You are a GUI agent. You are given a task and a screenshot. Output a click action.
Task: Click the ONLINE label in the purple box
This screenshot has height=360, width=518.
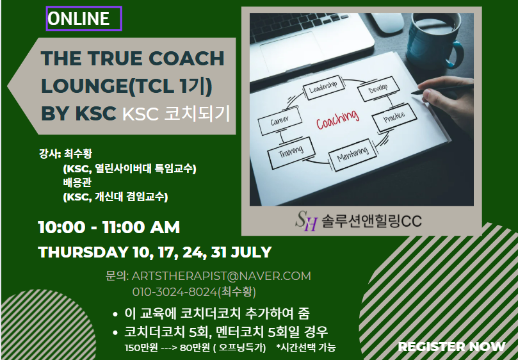point(78,19)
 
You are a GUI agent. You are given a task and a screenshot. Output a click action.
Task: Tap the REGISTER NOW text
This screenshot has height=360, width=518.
point(451,347)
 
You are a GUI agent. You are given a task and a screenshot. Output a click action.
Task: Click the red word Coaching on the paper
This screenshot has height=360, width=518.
point(337,119)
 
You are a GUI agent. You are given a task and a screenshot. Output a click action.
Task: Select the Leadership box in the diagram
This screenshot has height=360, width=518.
point(323,88)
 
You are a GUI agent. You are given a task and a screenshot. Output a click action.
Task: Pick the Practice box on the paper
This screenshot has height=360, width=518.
point(394,117)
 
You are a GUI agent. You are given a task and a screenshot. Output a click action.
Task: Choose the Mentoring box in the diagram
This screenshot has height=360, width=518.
point(352,155)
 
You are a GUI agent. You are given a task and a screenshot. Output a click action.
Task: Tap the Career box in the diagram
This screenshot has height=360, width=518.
point(280,120)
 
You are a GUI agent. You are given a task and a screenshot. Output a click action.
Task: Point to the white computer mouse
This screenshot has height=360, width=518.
point(387,22)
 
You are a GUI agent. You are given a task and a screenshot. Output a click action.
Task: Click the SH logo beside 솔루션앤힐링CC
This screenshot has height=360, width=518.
point(306,221)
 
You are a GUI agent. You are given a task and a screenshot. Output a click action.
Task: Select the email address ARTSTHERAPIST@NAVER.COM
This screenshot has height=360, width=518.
point(222,275)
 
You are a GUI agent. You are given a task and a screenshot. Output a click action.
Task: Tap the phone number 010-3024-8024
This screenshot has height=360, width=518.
point(175,292)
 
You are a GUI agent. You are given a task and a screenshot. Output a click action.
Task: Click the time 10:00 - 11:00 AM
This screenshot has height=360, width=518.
point(109,227)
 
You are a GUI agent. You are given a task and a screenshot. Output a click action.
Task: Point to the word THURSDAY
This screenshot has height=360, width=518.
point(83,252)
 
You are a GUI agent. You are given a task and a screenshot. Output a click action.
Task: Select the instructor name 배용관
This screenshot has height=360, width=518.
point(77,183)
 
